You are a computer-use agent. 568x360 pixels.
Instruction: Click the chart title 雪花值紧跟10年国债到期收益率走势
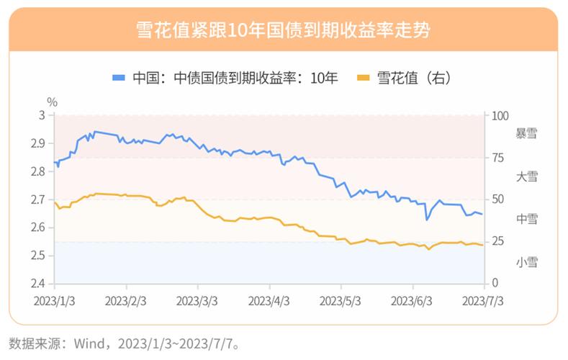[x=284, y=30]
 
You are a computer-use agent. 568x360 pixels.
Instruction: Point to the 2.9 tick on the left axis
[x=37, y=143]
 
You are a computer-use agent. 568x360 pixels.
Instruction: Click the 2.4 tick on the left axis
[x=37, y=283]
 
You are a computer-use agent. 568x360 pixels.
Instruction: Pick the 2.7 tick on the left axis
[x=37, y=199]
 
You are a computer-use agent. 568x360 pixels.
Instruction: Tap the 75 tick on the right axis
[x=497, y=158]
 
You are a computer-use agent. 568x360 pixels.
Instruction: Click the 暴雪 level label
[x=527, y=134]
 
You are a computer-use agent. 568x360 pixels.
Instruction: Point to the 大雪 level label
[x=527, y=176]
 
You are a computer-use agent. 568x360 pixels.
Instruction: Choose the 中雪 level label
[x=527, y=218]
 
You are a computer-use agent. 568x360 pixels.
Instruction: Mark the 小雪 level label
[x=527, y=262]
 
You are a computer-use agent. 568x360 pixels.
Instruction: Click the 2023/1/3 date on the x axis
[x=55, y=299]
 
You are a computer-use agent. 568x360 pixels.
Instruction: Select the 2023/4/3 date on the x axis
[x=270, y=299]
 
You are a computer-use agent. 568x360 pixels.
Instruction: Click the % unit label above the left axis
[x=51, y=102]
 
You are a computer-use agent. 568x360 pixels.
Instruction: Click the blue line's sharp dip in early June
[x=428, y=220]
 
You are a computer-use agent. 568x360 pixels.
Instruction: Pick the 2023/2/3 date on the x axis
[x=127, y=299]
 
